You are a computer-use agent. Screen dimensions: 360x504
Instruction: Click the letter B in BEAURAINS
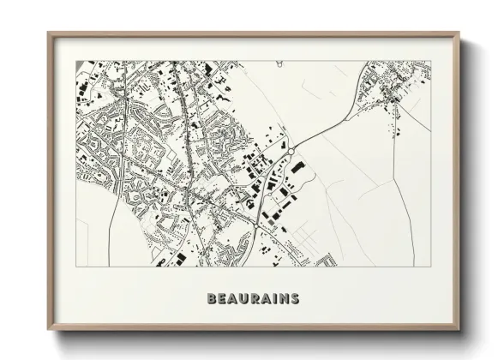pos(211,299)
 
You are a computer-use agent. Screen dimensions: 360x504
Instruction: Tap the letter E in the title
pos(222,299)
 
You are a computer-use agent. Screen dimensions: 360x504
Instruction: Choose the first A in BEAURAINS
pos(233,299)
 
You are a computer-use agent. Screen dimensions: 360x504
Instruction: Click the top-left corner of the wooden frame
pos(48,33)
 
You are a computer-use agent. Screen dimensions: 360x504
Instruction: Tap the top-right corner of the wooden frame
pos(461,33)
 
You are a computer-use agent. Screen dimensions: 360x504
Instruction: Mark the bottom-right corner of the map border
pos(431,266)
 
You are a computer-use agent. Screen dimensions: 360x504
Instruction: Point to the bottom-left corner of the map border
pos(77,266)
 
